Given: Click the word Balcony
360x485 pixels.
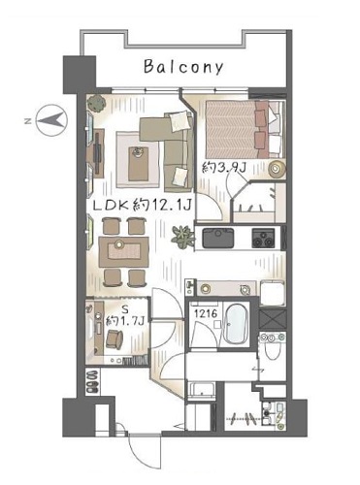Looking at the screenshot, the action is tap(183, 67).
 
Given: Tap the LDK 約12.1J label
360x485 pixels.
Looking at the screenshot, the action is tap(143, 205).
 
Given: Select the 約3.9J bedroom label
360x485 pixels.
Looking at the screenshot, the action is tap(224, 168).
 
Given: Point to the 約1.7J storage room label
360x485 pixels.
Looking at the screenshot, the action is tap(125, 321).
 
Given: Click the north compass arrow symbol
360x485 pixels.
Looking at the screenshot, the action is tap(51, 120).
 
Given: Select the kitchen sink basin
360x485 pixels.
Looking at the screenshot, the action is tap(218, 238).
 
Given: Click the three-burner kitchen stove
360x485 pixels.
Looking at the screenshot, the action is tap(264, 238).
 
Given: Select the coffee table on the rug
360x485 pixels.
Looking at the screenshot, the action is tap(139, 164).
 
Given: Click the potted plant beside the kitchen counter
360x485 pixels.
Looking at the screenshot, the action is tap(183, 237).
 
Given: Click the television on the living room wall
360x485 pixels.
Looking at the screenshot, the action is tap(98, 152).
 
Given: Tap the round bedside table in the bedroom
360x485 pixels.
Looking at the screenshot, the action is tap(277, 168).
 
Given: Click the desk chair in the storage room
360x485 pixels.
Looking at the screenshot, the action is tap(115, 339).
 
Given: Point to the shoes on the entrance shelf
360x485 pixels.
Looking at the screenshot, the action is tap(93, 382).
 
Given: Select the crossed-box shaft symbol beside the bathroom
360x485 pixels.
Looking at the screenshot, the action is tap(273, 319).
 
